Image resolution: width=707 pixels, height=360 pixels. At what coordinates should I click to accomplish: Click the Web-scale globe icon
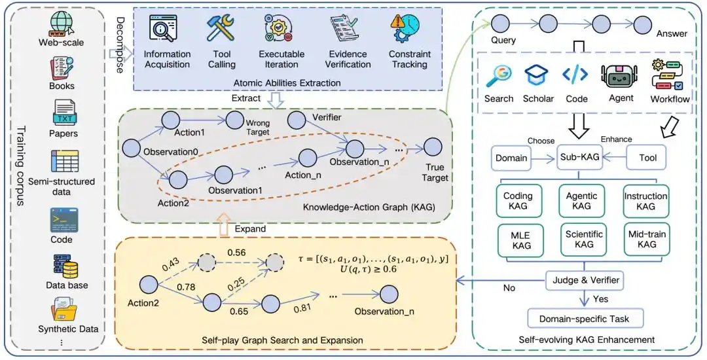click(x=62, y=23)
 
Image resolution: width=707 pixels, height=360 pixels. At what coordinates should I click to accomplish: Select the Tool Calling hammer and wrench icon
click(x=221, y=28)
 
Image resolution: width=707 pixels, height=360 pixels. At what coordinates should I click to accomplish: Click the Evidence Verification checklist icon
click(x=344, y=28)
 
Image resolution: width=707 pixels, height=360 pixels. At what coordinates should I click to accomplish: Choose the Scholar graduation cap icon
click(x=537, y=75)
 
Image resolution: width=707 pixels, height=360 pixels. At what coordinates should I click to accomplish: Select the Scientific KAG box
click(x=584, y=240)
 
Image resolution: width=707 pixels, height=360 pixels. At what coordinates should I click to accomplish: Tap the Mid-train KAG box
click(x=647, y=240)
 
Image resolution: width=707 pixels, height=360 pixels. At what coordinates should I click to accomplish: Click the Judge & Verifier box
click(x=585, y=280)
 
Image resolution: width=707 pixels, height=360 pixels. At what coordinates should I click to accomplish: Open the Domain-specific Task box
click(x=585, y=319)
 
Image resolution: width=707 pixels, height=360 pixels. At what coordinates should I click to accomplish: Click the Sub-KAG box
click(x=579, y=157)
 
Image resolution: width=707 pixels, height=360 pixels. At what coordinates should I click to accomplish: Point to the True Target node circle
click(x=433, y=147)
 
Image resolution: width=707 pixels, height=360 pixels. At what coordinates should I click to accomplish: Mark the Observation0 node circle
click(x=131, y=148)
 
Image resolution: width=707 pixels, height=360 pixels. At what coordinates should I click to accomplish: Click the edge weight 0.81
click(x=303, y=310)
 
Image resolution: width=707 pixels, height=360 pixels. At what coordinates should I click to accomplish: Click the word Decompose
click(x=120, y=45)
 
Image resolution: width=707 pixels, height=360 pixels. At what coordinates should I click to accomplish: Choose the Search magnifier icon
click(x=498, y=76)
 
